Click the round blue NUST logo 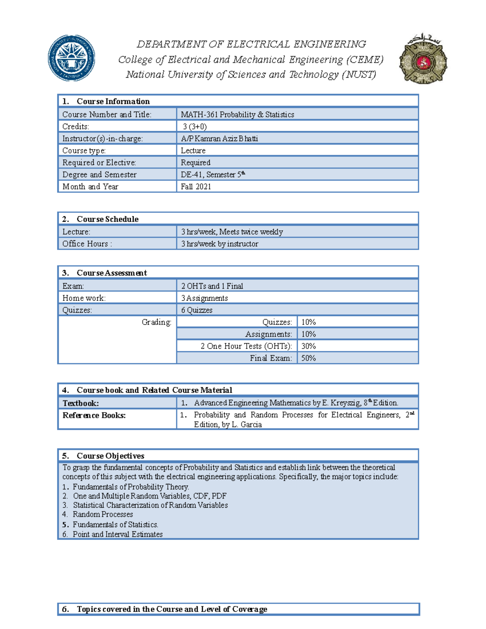tap(72, 58)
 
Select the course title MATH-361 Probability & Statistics tap(237, 115)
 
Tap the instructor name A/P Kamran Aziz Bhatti tap(219, 139)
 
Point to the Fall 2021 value tap(196, 187)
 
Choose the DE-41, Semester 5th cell tap(213, 175)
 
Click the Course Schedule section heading tap(107, 219)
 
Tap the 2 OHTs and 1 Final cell tap(212, 286)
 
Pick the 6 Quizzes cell tap(197, 310)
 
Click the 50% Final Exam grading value tap(309, 358)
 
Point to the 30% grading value tap(309, 346)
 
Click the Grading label tap(156, 322)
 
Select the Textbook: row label tap(81, 403)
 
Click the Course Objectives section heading tap(110, 456)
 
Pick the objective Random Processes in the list tap(103, 514)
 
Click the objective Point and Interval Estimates tap(117, 534)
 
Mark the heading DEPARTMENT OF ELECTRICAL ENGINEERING tap(251, 44)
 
